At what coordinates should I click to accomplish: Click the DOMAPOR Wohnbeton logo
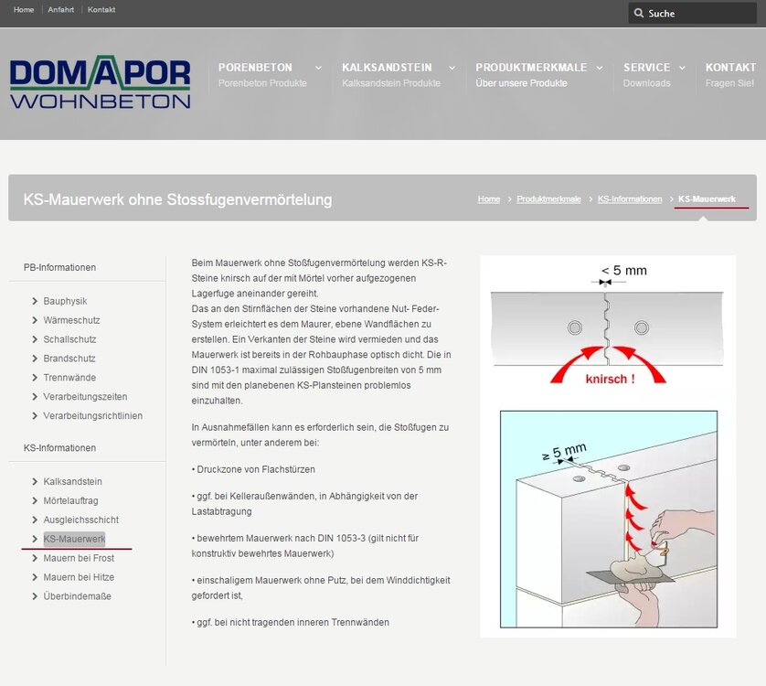click(101, 82)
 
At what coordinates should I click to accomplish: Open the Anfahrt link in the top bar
click(61, 10)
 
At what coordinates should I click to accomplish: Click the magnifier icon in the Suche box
click(639, 13)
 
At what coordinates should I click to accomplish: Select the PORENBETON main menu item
click(255, 68)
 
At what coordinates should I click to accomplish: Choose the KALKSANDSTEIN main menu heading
click(387, 68)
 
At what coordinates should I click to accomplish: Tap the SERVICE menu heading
click(646, 68)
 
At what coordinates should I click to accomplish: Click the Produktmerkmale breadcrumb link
click(548, 199)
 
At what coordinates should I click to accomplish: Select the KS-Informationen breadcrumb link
click(630, 199)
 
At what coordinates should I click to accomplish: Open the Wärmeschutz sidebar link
click(71, 320)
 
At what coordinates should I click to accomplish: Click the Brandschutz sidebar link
click(69, 359)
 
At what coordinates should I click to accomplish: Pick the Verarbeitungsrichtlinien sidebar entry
click(93, 415)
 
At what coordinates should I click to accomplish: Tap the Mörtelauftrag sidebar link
click(70, 500)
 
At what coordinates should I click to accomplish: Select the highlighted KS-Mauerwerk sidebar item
click(74, 539)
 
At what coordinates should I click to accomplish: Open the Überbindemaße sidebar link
click(77, 596)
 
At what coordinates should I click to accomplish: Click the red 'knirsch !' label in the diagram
click(611, 379)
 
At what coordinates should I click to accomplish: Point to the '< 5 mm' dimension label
click(623, 271)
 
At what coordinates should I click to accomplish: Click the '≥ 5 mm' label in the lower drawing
click(564, 452)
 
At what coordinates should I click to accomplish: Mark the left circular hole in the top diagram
click(574, 327)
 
